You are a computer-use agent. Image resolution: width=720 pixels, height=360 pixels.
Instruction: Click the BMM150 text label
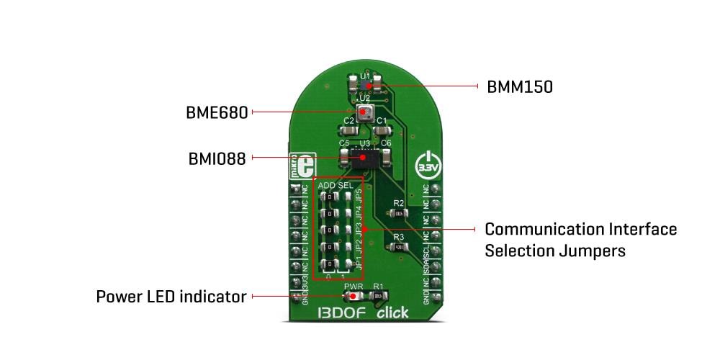coord(520,87)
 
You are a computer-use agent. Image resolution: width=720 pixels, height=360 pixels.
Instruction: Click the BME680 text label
coord(217,112)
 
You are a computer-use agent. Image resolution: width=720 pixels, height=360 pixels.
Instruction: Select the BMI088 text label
coord(216,158)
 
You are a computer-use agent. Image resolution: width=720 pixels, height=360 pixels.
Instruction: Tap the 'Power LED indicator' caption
coord(171,297)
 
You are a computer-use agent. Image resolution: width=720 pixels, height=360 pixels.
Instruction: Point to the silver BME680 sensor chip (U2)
coord(365,112)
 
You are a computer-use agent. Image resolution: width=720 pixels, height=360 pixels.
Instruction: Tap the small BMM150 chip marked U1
coord(365,86)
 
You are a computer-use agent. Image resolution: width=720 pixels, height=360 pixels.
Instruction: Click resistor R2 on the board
coord(400,214)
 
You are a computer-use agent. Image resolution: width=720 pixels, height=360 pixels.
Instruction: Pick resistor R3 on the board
coord(400,246)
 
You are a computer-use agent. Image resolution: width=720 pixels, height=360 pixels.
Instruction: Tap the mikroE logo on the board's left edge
coord(294,166)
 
